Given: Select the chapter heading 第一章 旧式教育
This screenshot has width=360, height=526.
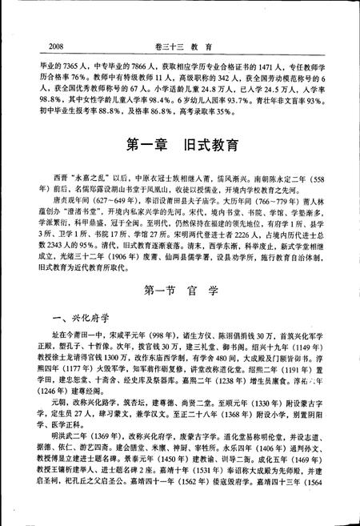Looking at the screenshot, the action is click(181, 146).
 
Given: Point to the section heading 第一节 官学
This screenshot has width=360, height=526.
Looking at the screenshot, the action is click(181, 288).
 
